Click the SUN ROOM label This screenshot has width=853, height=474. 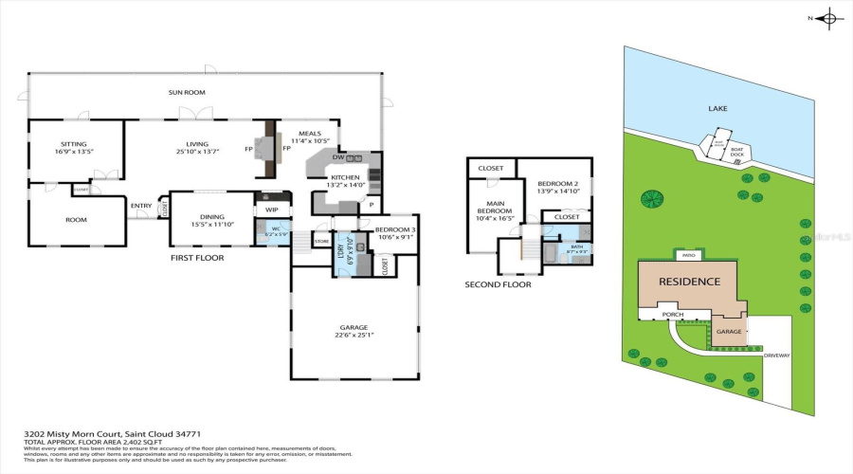(187, 92)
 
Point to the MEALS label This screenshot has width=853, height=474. (309, 134)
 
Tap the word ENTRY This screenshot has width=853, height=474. (141, 206)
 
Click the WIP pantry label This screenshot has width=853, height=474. (271, 210)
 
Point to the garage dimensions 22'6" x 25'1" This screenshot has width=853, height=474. (352, 333)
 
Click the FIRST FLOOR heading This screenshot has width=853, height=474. (197, 257)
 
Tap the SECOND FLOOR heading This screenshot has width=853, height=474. (498, 284)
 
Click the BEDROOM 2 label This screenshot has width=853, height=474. (557, 184)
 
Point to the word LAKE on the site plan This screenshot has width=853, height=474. (717, 109)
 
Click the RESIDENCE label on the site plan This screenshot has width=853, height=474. (691, 282)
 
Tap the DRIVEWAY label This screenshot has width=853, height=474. (776, 355)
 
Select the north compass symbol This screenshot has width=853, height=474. (828, 18)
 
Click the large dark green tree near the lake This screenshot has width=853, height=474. (652, 198)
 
